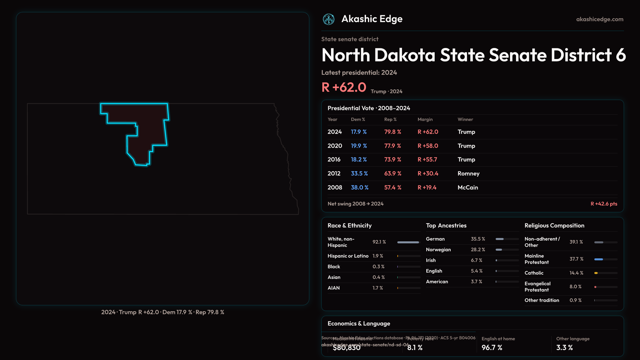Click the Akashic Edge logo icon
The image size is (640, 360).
coord(329,19)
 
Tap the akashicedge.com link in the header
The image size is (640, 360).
coord(600,19)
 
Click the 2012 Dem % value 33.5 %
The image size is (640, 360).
coord(359,173)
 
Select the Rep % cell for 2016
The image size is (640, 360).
coord(393,159)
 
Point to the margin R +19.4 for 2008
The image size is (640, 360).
coord(427,187)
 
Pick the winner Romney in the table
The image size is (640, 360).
coord(468,173)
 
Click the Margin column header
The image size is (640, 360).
coord(425,119)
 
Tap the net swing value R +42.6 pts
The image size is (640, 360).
coord(604,204)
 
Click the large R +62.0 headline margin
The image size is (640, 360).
coord(344,87)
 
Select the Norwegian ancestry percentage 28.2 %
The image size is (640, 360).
coord(478,250)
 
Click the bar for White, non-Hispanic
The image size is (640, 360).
coord(408,242)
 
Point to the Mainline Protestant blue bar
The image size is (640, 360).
coord(599,259)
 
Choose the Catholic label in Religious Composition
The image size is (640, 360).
coord(534,273)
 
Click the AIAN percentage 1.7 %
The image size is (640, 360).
coord(378,288)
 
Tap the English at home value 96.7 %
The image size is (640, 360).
coord(492,347)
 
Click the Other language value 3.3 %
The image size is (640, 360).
coord(564,347)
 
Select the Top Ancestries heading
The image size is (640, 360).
coord(446,226)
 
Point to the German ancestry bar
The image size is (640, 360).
coord(500,239)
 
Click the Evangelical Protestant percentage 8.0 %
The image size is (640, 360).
coord(575,287)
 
